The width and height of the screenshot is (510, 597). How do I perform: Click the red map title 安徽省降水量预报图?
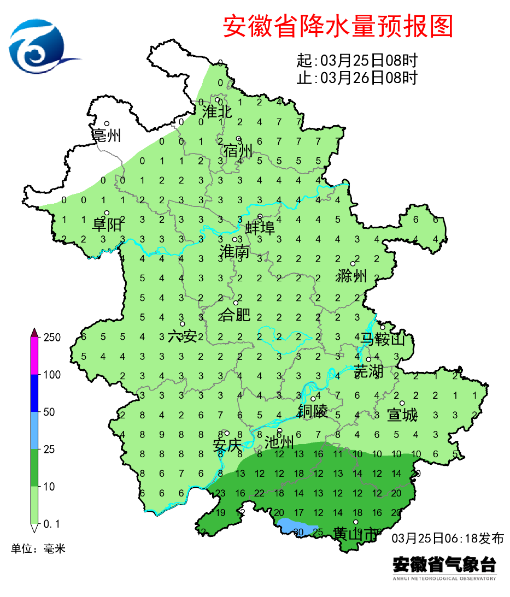338,26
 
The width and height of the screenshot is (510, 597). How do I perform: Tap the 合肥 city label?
235,315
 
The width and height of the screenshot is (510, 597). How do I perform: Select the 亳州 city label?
107,135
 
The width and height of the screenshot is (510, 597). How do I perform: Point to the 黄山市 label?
356,534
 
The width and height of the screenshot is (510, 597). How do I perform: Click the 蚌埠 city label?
260,228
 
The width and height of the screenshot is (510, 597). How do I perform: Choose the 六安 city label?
182,336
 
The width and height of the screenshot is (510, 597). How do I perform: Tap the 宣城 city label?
402,415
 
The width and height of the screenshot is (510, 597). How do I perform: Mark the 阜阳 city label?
107,224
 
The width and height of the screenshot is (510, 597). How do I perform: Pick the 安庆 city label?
227,446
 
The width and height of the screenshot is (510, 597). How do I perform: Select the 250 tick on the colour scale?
52,338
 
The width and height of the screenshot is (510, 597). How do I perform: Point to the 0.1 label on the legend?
51,524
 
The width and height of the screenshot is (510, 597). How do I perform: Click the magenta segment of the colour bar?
34,356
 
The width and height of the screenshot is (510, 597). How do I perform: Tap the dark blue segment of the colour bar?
34,393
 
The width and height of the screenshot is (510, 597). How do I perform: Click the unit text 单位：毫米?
38,548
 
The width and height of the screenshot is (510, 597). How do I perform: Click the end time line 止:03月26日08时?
357,78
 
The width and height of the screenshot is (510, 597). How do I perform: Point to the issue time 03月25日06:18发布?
448,538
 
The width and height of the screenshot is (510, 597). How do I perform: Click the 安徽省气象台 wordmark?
444,564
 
